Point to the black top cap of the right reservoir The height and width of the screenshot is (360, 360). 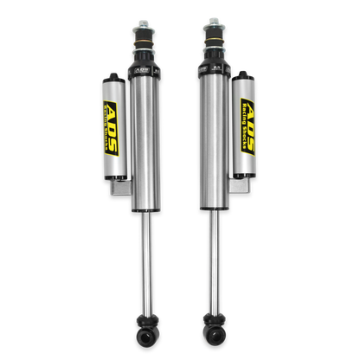[x=245, y=74]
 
